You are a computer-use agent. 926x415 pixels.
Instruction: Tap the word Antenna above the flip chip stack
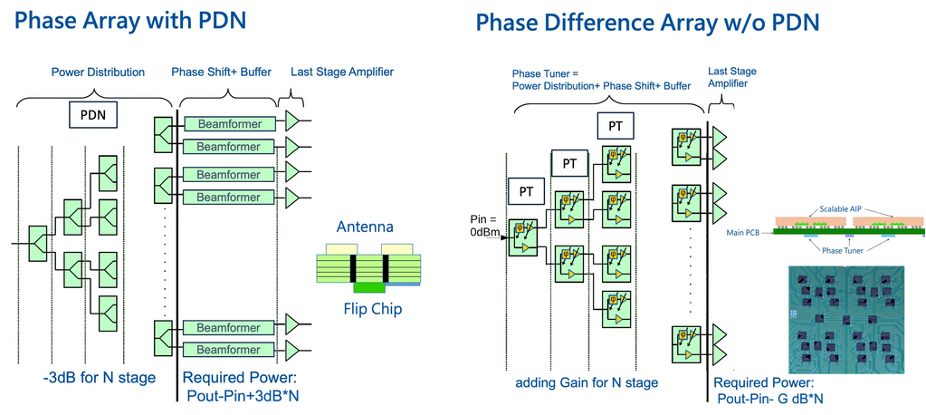click(365, 227)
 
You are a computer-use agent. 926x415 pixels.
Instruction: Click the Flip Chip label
click(372, 309)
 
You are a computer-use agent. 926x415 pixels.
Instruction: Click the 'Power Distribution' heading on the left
click(97, 72)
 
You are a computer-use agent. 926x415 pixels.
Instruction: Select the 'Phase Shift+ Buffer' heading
click(221, 72)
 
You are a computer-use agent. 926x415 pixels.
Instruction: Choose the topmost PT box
click(614, 125)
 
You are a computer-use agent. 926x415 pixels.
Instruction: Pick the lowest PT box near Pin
click(525, 192)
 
